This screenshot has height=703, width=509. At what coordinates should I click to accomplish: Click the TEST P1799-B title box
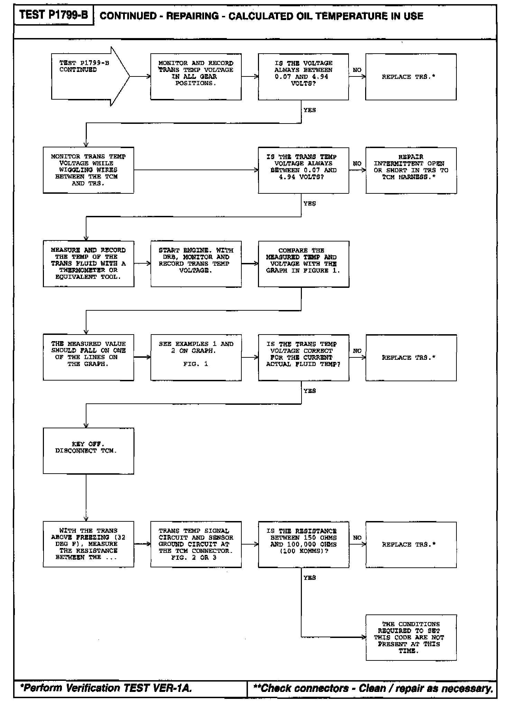[54, 15]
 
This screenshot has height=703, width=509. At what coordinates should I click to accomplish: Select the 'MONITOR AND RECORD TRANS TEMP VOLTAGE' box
[196, 77]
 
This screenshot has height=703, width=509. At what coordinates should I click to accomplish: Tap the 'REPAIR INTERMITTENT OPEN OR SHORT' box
[411, 170]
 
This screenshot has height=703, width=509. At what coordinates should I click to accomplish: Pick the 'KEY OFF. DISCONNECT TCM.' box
[88, 450]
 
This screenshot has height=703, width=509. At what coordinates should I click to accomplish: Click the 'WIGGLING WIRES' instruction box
[88, 170]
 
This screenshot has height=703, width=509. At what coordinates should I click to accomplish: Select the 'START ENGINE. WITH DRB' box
[196, 264]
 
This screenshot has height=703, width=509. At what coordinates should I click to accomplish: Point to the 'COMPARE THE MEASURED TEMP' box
[303, 264]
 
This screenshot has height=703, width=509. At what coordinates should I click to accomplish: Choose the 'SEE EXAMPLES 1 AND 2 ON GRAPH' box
[196, 357]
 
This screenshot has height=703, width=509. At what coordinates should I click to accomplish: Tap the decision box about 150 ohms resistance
[303, 544]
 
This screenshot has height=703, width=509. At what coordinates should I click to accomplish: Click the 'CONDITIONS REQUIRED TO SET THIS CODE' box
[411, 637]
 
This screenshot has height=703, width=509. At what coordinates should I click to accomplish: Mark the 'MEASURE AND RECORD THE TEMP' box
[88, 264]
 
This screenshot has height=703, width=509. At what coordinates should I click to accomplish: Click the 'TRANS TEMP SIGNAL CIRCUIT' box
[196, 544]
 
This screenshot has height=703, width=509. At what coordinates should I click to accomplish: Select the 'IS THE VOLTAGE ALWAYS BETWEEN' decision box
[303, 77]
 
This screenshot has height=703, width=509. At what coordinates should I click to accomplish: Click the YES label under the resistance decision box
[309, 577]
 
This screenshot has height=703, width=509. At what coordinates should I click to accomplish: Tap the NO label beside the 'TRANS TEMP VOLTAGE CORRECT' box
[357, 351]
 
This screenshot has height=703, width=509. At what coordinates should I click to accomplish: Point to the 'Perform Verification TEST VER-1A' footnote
[106, 688]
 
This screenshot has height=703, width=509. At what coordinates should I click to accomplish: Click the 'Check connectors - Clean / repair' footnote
[373, 688]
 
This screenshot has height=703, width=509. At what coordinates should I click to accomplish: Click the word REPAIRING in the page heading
[192, 16]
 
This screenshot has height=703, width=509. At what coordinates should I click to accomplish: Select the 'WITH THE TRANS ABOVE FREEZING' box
[88, 544]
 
